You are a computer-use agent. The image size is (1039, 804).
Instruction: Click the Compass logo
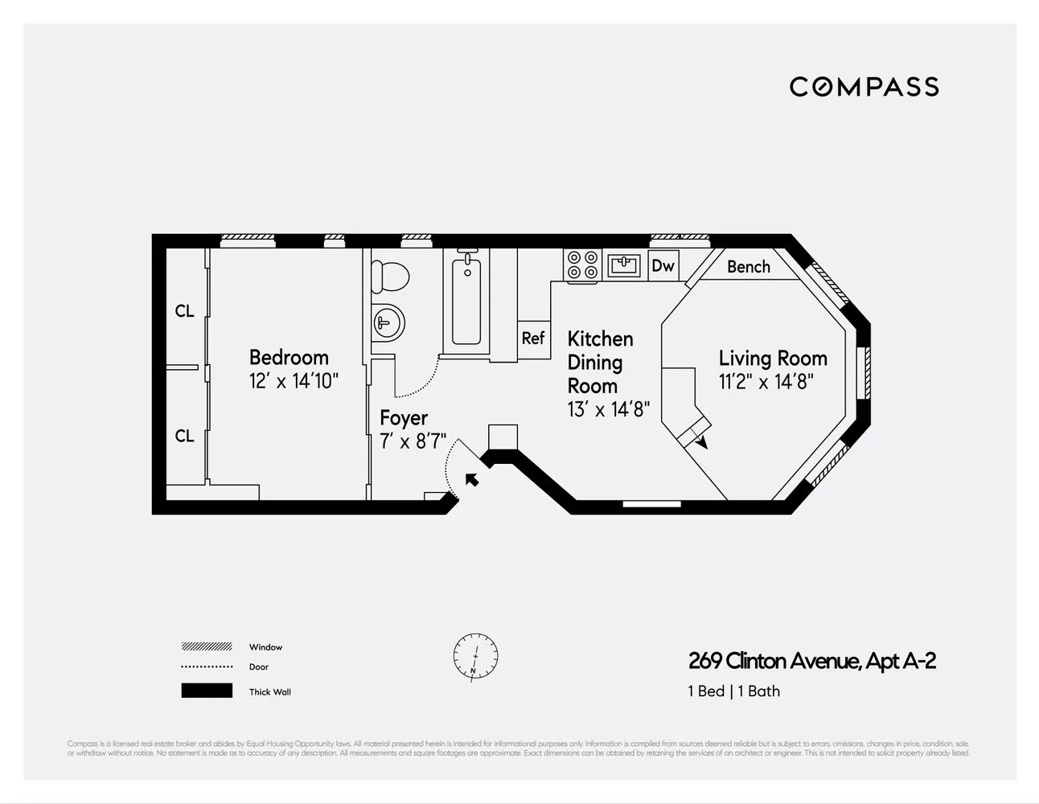[864, 87]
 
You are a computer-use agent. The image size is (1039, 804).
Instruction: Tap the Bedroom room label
[289, 357]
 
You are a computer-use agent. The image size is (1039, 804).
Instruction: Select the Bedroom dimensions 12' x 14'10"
[294, 381]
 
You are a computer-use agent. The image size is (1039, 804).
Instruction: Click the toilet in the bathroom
[390, 276]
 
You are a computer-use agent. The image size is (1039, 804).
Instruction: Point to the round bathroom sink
[387, 323]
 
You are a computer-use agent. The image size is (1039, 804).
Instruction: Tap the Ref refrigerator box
[533, 338]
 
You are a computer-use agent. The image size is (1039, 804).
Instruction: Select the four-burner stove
[583, 265]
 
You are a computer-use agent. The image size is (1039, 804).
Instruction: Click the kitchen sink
[623, 265]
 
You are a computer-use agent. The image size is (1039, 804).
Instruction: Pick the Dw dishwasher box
[663, 265]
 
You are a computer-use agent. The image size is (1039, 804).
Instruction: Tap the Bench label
[748, 267]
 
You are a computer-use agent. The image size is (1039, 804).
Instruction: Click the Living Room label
[772, 359]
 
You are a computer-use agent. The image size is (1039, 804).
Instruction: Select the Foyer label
[404, 418]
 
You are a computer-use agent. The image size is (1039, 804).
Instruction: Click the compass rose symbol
[475, 655]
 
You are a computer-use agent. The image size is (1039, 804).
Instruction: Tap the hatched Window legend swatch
[207, 646]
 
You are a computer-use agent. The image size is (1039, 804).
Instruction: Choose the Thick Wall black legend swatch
[207, 691]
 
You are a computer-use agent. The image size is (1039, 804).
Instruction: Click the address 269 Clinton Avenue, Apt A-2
[812, 661]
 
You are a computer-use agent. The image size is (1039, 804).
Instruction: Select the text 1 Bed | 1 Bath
[733, 691]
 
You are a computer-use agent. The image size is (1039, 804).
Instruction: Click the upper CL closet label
[184, 311]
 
